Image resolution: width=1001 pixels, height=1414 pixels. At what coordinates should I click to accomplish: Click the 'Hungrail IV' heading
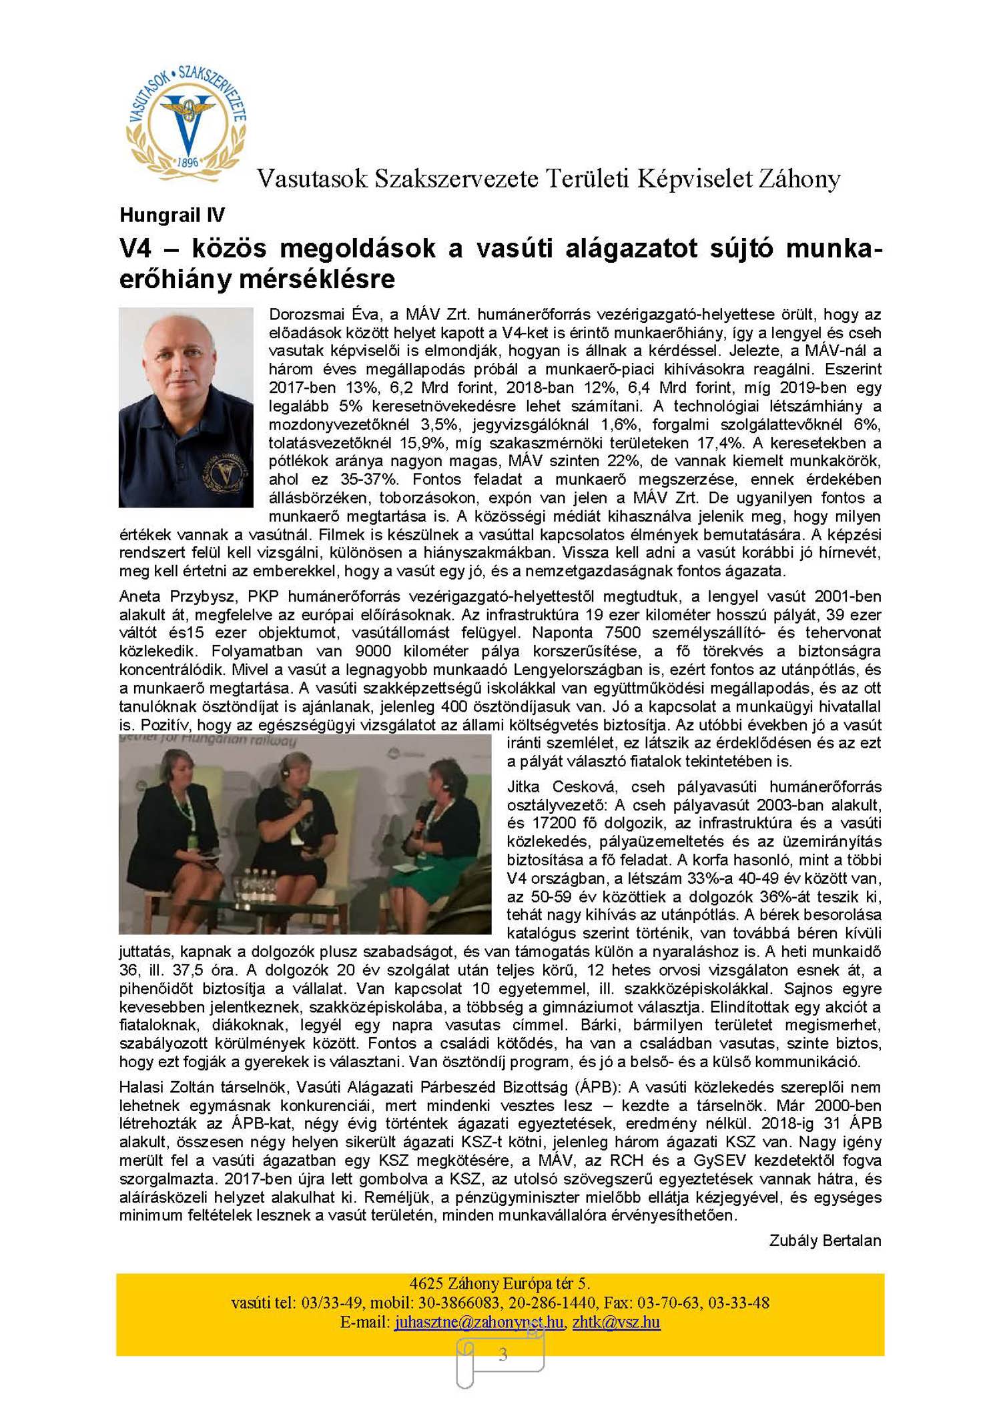172,215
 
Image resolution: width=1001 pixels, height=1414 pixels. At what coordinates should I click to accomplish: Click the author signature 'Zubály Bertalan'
825,1241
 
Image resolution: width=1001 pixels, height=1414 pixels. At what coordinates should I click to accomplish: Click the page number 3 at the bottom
503,1354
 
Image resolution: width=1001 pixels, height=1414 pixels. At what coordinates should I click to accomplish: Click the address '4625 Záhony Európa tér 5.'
499,1283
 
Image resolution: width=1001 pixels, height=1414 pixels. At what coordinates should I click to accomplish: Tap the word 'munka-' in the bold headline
833,248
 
